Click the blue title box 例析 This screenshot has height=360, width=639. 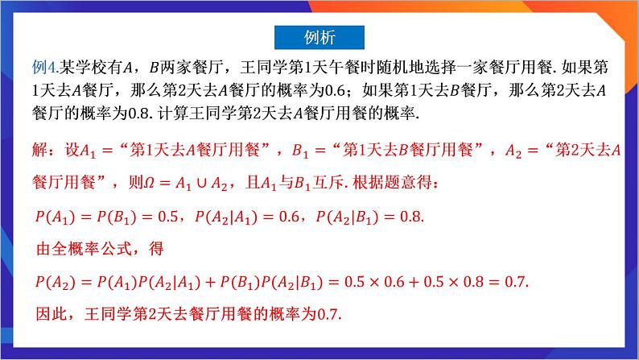319,37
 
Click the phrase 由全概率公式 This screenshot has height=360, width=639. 89,249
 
